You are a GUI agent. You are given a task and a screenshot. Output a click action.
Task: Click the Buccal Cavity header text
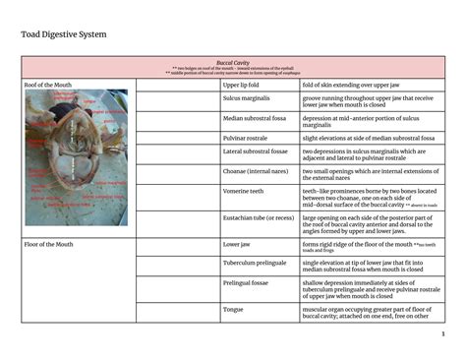[233, 62]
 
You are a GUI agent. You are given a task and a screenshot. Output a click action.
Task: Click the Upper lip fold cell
[240, 86]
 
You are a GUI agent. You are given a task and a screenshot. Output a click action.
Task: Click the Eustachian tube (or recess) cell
[259, 217]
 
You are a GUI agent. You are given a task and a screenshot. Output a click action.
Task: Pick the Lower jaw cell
[237, 243]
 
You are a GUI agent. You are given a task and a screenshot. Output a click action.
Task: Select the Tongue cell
[233, 309]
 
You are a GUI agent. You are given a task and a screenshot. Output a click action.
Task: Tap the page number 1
[442, 331]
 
